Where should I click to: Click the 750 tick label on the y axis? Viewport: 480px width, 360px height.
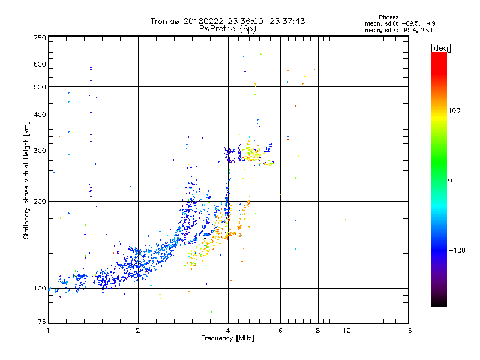coord(40,37)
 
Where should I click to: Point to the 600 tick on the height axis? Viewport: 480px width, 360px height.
coord(40,64)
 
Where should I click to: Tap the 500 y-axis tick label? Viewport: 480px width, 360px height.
coord(40,87)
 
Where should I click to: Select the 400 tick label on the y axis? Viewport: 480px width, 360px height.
coord(40,115)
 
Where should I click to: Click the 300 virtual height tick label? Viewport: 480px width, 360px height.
coord(40,151)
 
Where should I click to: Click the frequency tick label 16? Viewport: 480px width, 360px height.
coord(408,331)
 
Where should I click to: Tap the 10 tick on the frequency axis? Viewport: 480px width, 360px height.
coord(346,331)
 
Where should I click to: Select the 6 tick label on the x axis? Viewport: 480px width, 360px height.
coord(280,331)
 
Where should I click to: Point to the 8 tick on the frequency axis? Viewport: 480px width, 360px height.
coord(318,331)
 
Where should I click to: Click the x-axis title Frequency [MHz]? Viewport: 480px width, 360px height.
coord(228,339)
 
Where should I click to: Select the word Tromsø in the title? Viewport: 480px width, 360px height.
coord(164,21)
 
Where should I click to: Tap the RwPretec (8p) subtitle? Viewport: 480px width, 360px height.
coord(227,28)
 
